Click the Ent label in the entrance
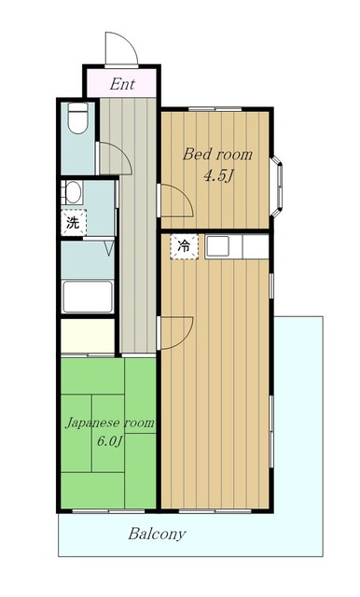point(122,84)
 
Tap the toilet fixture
point(78,118)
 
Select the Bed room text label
point(217,155)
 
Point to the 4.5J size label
point(218,176)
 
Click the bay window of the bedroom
point(277,187)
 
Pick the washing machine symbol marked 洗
point(74,222)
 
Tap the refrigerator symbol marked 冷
point(184,246)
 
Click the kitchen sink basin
point(217,246)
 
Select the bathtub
point(88,297)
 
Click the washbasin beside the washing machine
point(73,192)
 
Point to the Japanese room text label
point(110,423)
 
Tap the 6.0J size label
point(110,441)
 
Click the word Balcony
point(157,534)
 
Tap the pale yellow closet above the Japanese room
point(88,336)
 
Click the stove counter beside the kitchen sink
point(256,246)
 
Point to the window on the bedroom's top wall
point(215,109)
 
